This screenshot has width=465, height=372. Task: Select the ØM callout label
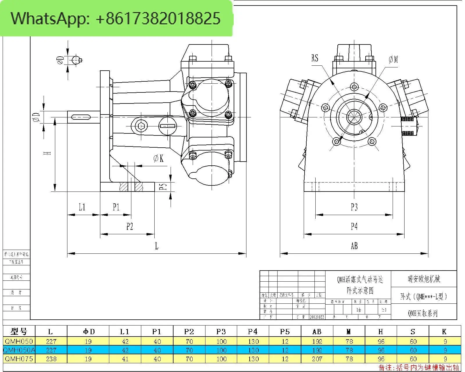(393, 60)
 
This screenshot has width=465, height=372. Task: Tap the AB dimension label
(354, 246)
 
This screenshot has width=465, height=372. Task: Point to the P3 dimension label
(354, 207)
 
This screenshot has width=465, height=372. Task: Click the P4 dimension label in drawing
(354, 226)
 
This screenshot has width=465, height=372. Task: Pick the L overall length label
(157, 246)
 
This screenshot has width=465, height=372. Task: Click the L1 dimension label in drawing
(82, 207)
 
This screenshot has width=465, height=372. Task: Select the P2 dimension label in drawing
(130, 226)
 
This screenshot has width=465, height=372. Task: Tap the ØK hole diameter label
(158, 158)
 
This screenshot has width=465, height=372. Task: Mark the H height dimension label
(48, 153)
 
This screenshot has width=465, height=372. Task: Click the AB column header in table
(317, 331)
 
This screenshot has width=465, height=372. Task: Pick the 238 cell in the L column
(51, 359)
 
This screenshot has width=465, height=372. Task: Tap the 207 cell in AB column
(317, 359)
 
